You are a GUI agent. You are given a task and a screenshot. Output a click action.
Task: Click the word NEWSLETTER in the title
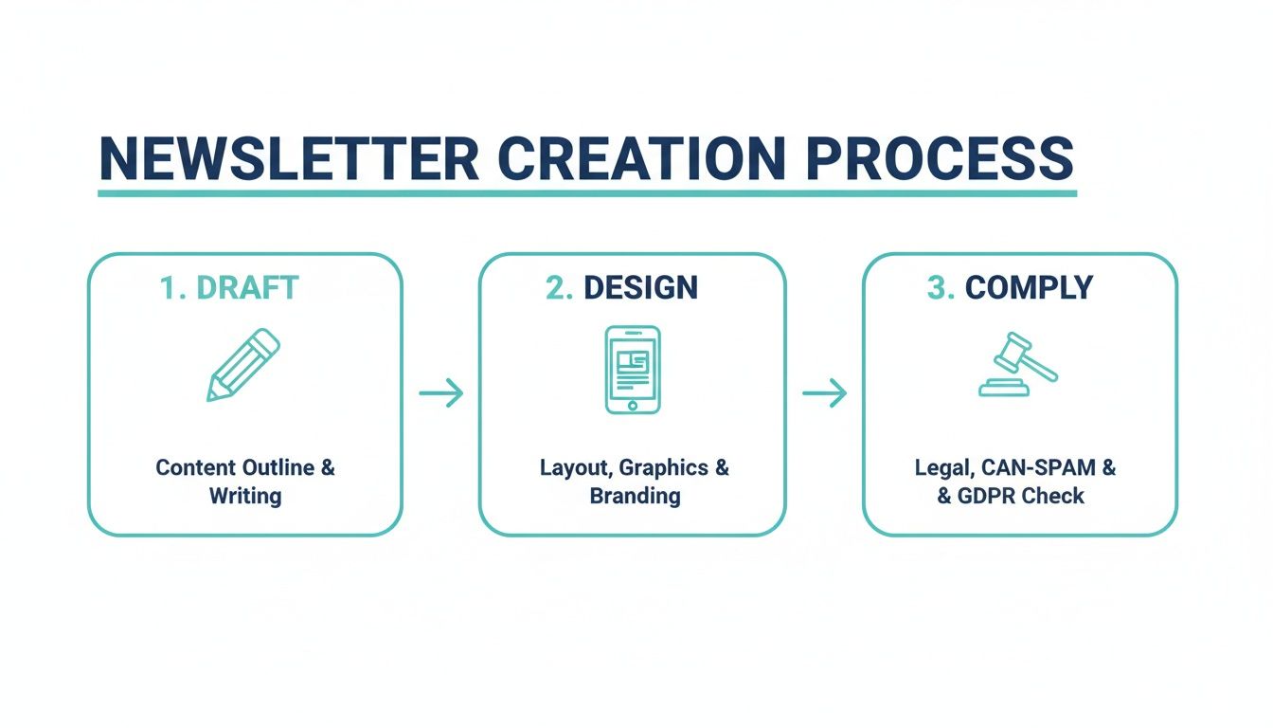pyautogui.click(x=289, y=158)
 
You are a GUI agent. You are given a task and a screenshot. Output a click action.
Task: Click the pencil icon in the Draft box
pyautogui.click(x=244, y=365)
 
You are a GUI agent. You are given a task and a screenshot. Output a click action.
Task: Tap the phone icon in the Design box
pyautogui.click(x=633, y=370)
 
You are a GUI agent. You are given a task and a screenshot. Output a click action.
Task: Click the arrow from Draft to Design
pyautogui.click(x=440, y=392)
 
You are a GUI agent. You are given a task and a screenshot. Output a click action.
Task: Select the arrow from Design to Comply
pyautogui.click(x=824, y=392)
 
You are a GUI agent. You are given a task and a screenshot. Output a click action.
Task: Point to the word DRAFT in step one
pyautogui.click(x=247, y=288)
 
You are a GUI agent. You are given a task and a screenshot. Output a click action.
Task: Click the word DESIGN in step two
pyautogui.click(x=641, y=288)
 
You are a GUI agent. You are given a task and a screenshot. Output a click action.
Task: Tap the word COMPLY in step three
pyautogui.click(x=1029, y=288)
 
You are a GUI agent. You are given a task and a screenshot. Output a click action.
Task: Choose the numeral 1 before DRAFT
pyautogui.click(x=170, y=288)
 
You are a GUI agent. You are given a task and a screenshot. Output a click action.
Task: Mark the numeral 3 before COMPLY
pyautogui.click(x=939, y=288)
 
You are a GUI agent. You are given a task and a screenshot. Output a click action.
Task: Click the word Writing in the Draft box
pyautogui.click(x=245, y=496)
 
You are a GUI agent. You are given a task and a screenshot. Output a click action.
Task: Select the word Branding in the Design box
pyautogui.click(x=635, y=496)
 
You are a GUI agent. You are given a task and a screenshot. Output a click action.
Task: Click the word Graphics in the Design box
pyautogui.click(x=663, y=467)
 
